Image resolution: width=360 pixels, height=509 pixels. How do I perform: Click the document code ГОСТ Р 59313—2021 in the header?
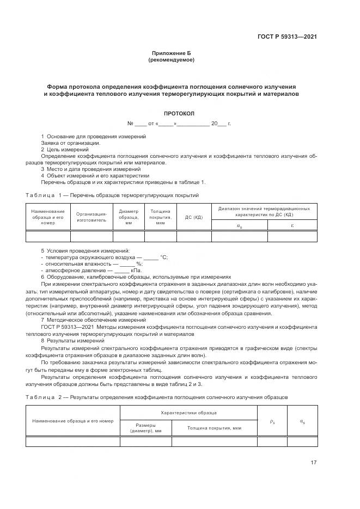click(x=287, y=36)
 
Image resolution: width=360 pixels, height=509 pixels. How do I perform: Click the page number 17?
click(x=313, y=463)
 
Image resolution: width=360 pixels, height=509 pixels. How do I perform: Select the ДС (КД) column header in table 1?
click(x=194, y=217)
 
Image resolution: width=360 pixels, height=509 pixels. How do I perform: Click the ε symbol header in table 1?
click(x=292, y=224)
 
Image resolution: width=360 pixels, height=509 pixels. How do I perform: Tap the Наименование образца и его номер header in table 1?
click(x=48, y=217)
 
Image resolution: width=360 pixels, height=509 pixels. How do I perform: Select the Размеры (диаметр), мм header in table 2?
click(x=145, y=428)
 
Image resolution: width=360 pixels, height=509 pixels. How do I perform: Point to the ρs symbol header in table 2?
click(x=272, y=421)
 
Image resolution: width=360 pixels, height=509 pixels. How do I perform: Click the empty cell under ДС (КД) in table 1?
click(x=194, y=236)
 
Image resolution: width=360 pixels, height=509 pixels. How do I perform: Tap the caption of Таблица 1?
click(x=113, y=195)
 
